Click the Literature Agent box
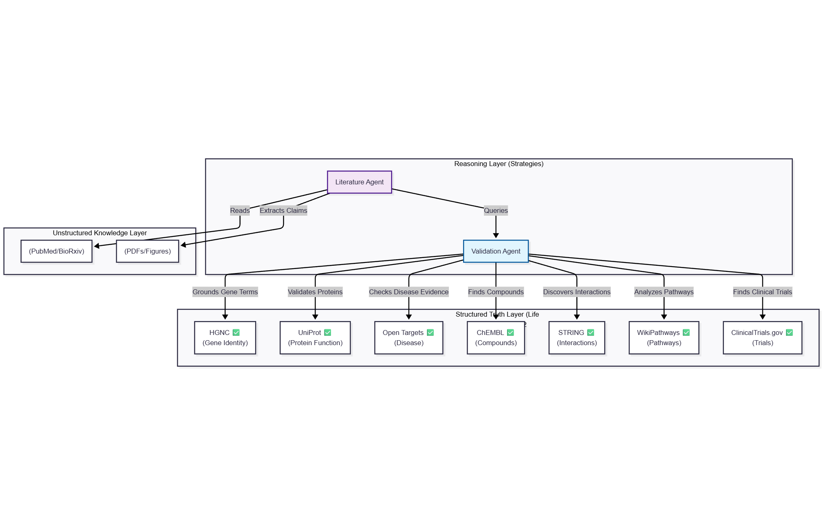tap(359, 182)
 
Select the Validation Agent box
tap(495, 251)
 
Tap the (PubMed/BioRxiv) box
tap(57, 251)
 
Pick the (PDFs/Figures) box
tap(147, 251)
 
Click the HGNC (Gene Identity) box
tap(225, 338)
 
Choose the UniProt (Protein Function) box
tap(315, 338)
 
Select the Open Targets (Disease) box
tap(409, 338)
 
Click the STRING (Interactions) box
tap(577, 338)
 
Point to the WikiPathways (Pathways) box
tap(664, 338)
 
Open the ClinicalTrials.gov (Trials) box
tap(762, 338)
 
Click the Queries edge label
tap(496, 210)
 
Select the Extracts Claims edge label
tap(283, 210)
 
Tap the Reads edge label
tap(239, 210)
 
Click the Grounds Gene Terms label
tap(225, 292)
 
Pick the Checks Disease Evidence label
tap(409, 292)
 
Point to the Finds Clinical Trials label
tap(762, 292)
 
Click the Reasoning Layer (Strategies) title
tap(499, 164)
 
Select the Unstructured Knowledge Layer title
tap(100, 233)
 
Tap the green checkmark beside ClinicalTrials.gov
tap(789, 332)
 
